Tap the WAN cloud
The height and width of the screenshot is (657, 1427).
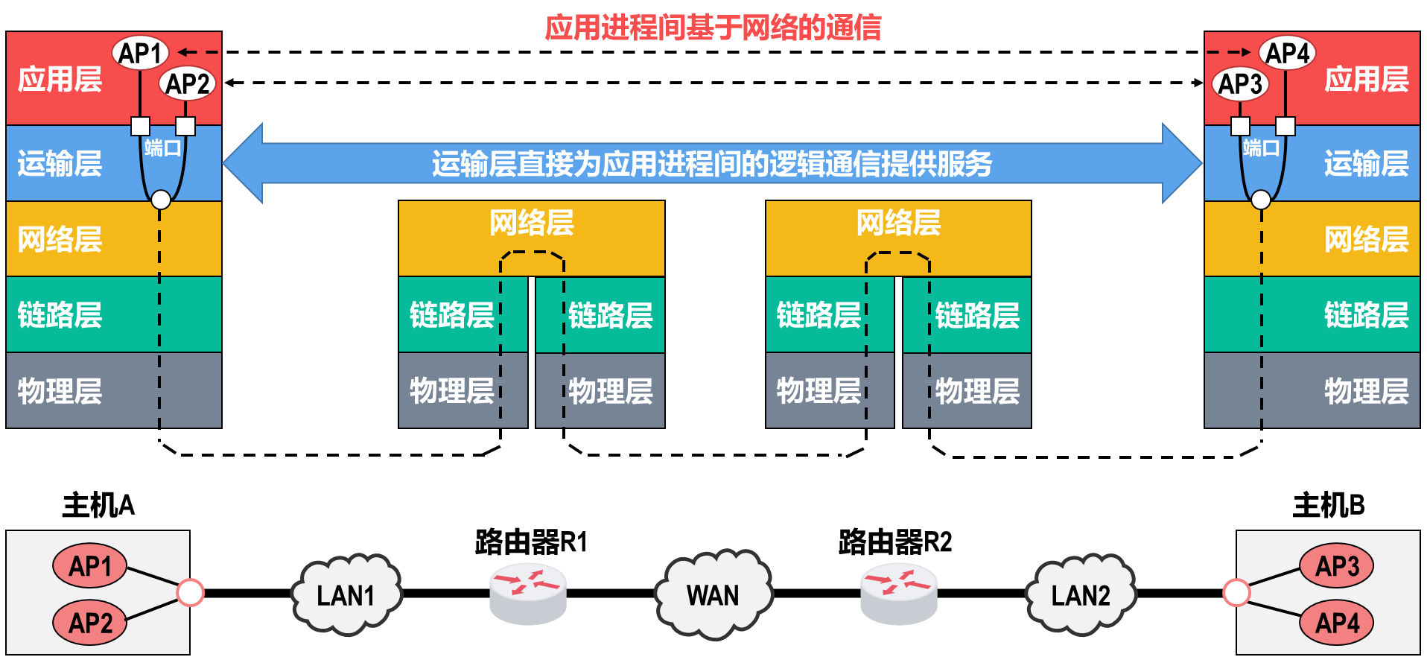(713, 594)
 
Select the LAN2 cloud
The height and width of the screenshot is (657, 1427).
(1081, 594)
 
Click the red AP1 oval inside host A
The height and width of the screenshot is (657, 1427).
(89, 566)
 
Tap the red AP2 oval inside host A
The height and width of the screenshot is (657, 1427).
(89, 622)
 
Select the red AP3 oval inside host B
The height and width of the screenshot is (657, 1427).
(1337, 566)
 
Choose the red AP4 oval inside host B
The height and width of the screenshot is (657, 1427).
(1337, 622)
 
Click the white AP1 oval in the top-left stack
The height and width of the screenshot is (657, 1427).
(140, 53)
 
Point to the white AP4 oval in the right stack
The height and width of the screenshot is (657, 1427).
(1287, 53)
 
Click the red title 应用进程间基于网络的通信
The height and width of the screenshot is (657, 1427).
(713, 28)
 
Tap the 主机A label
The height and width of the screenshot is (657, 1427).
(98, 505)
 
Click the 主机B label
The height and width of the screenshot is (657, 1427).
(1329, 505)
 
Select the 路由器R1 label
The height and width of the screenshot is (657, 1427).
(531, 542)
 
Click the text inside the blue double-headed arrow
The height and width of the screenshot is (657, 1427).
(712, 163)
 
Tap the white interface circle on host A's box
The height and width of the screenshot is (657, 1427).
(190, 593)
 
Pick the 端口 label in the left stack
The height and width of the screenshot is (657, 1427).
(163, 147)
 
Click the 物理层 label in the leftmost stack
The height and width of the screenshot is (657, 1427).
(60, 390)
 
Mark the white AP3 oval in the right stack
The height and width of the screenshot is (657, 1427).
(1240, 83)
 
